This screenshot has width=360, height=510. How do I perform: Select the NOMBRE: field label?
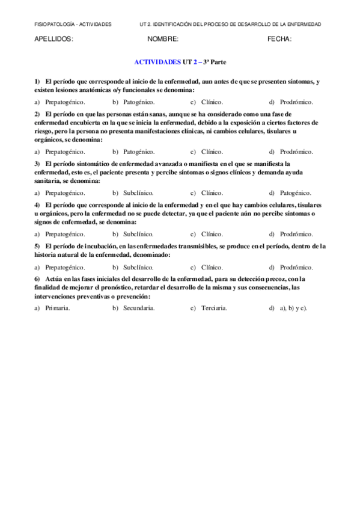pos(162,40)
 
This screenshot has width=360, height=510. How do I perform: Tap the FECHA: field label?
pos(279,40)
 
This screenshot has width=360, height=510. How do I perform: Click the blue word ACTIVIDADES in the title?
pos(157,62)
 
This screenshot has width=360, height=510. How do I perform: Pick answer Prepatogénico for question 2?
pos(65,152)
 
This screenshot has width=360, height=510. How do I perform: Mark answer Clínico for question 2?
pos(212,152)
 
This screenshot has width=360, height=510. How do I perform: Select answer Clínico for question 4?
pos(212,234)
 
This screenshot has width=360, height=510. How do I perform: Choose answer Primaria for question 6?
pos(58,309)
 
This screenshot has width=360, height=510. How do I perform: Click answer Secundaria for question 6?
pos(139,309)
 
